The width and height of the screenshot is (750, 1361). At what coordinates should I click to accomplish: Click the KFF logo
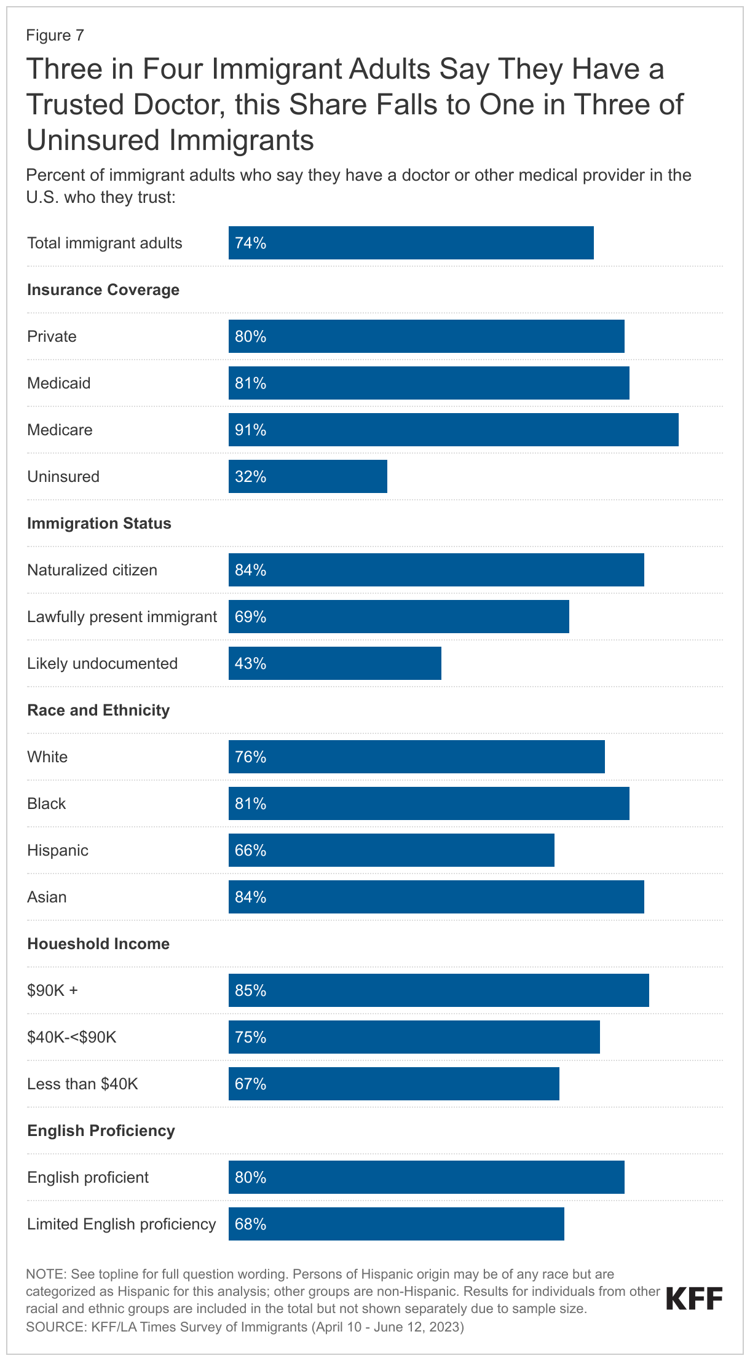pyautogui.click(x=694, y=1299)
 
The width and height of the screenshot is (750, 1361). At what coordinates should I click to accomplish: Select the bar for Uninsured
pyautogui.click(x=307, y=476)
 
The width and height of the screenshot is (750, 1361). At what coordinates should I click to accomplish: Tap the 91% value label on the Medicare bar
pyautogui.click(x=250, y=430)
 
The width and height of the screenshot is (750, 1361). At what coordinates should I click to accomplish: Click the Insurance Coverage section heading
pyautogui.click(x=103, y=290)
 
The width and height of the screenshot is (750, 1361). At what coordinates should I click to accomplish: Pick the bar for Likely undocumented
pyautogui.click(x=334, y=663)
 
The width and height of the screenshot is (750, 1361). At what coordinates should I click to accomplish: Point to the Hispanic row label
pyautogui.click(x=58, y=850)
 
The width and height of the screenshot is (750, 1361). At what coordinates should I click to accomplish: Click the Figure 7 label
pyautogui.click(x=55, y=35)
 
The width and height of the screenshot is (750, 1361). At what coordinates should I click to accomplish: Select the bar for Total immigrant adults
pyautogui.click(x=411, y=243)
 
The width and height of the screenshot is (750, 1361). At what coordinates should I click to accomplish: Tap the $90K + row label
pyautogui.click(x=52, y=990)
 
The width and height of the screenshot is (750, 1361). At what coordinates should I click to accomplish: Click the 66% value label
pyautogui.click(x=250, y=850)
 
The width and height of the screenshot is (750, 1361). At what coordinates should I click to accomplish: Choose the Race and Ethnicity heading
pyautogui.click(x=98, y=710)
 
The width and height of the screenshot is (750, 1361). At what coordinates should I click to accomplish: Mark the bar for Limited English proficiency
pyautogui.click(x=396, y=1224)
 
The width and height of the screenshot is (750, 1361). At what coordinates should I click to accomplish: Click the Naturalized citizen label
pyautogui.click(x=92, y=570)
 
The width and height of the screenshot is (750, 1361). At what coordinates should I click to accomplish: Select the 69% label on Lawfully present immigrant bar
pyautogui.click(x=250, y=617)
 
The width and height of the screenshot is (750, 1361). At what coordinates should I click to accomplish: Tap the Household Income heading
pyautogui.click(x=98, y=944)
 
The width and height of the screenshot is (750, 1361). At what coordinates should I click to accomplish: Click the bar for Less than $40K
pyautogui.click(x=393, y=1084)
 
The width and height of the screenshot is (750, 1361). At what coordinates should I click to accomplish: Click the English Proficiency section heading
pyautogui.click(x=101, y=1130)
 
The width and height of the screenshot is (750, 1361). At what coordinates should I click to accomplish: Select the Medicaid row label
pyautogui.click(x=59, y=383)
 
